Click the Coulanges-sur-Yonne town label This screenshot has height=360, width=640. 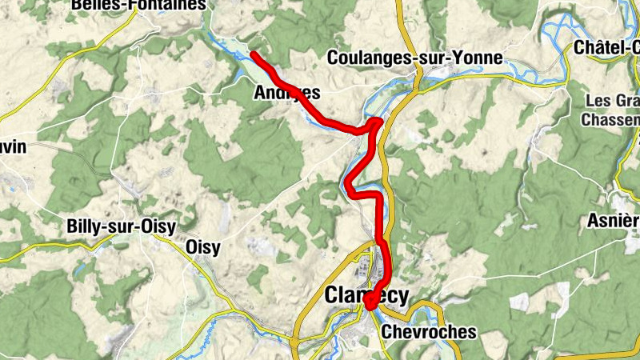[415, 58]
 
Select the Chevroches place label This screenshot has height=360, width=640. [428, 331]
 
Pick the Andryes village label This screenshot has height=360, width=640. [286, 93]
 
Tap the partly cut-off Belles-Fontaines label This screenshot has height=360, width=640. [139, 5]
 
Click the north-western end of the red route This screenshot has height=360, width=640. [254, 54]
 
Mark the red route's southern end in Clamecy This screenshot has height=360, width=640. [370, 305]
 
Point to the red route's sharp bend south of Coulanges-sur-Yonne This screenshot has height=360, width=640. [378, 122]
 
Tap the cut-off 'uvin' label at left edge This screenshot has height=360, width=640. [14, 146]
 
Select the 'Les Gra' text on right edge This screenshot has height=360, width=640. [612, 102]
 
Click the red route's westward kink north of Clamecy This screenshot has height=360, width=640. [350, 188]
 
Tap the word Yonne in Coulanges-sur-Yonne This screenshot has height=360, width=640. [478, 58]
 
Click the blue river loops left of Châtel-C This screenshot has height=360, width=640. [560, 32]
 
